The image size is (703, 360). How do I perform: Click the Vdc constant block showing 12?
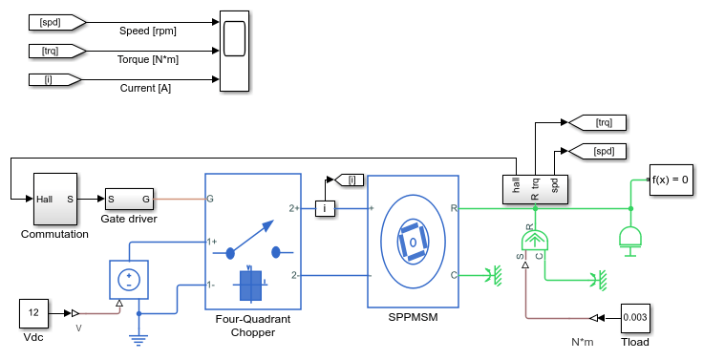[34, 313]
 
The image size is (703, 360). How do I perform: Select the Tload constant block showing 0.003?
[635, 318]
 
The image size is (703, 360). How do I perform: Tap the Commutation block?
[55, 199]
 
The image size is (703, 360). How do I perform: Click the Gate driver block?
[129, 199]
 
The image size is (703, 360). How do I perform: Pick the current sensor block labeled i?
[325, 208]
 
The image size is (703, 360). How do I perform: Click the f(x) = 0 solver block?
[671, 180]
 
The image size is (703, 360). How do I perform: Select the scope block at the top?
[234, 52]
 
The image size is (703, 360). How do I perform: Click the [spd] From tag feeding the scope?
[57, 22]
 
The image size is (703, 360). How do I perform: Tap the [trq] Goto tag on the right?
[597, 122]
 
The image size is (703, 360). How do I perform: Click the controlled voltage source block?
[129, 280]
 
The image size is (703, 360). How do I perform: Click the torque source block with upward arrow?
[535, 242]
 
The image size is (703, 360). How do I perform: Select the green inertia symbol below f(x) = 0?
[630, 239]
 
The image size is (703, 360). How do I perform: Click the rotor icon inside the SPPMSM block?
[413, 243]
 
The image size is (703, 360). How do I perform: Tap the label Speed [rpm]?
[147, 31]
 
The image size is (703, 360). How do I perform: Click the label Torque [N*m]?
[148, 59]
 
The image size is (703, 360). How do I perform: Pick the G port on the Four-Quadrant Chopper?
[210, 199]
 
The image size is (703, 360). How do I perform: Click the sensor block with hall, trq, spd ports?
[535, 190]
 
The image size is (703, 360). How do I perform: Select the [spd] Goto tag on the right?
[597, 151]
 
